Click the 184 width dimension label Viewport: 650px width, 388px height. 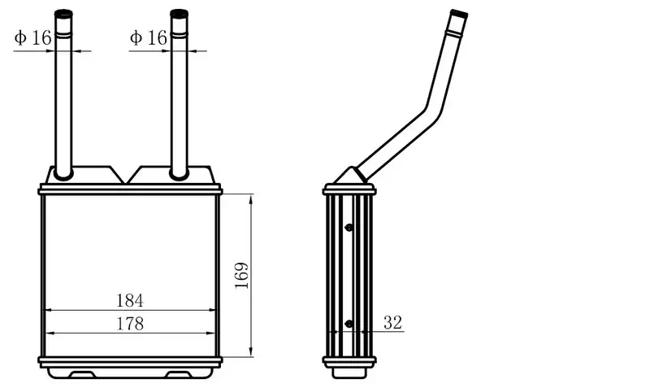pyautogui.click(x=130, y=300)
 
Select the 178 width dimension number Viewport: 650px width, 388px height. pyautogui.click(x=130, y=324)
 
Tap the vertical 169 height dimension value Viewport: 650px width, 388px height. pyautogui.click(x=241, y=275)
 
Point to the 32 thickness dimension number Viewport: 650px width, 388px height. pyautogui.click(x=392, y=322)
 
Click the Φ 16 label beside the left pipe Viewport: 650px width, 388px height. pyautogui.click(x=32, y=37)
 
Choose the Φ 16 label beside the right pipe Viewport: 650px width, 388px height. pyautogui.click(x=149, y=37)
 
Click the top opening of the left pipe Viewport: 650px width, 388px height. pyautogui.click(x=63, y=13)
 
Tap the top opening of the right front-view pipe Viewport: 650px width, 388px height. pyautogui.click(x=179, y=13)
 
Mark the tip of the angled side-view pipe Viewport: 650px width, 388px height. pyautogui.click(x=459, y=13)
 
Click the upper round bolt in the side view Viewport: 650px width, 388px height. pyautogui.click(x=349, y=228)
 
